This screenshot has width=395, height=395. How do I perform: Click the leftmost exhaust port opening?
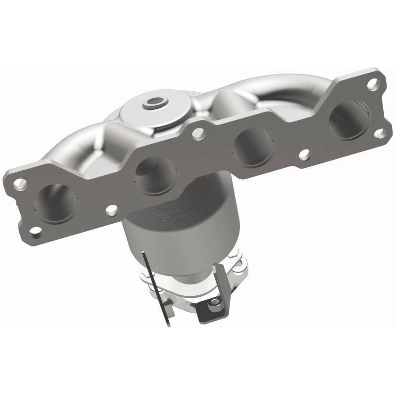coord(56,200)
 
